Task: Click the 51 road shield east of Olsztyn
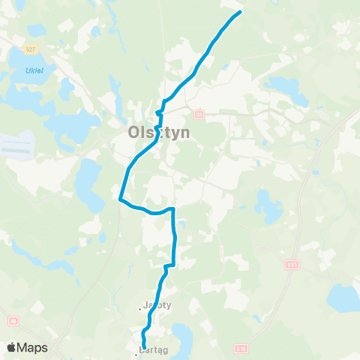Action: click(x=199, y=115)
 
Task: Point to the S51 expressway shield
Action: click(x=290, y=265)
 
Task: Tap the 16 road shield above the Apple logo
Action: click(x=13, y=321)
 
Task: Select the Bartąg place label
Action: click(x=154, y=350)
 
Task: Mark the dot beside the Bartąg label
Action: click(x=136, y=352)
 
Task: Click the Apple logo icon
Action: click(x=12, y=347)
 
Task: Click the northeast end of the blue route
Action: click(x=240, y=12)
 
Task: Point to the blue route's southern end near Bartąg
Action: click(x=144, y=346)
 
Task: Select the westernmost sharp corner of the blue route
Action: click(x=120, y=199)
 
